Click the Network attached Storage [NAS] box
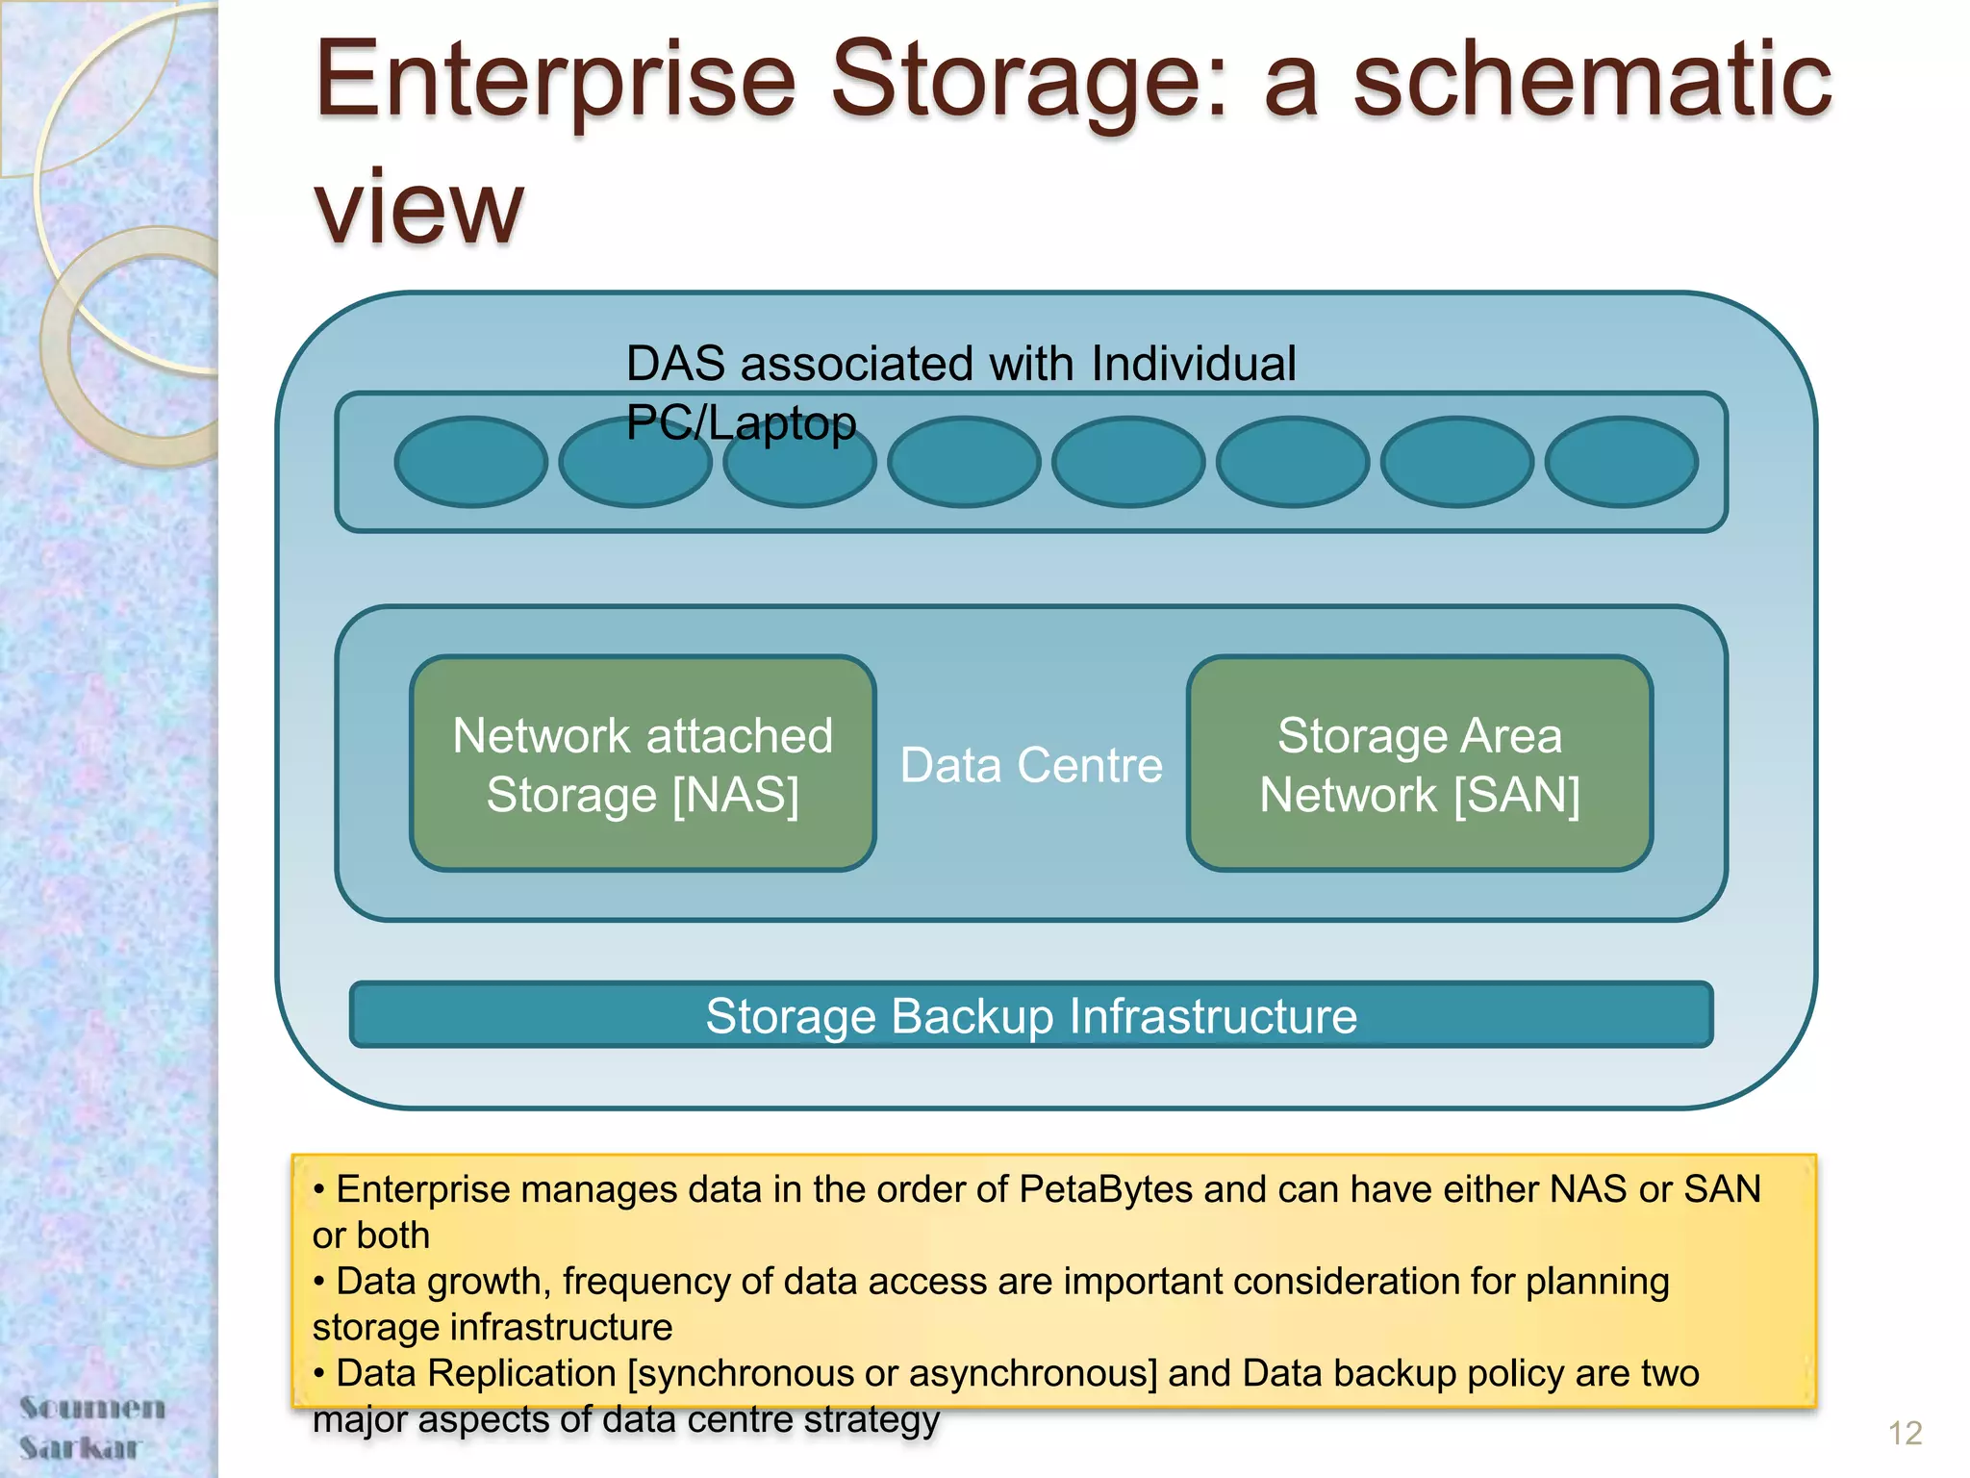[643, 765]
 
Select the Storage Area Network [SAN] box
[1420, 765]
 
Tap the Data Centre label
[1031, 766]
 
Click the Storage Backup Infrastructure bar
[1031, 1016]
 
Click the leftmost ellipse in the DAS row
[470, 462]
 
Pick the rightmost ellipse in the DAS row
[1621, 462]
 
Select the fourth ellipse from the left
[964, 462]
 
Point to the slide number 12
[1905, 1434]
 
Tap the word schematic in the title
[1592, 82]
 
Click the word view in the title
[419, 207]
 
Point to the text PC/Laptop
[741, 423]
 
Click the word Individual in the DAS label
[1194, 365]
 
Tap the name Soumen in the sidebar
[92, 1408]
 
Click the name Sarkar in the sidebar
[81, 1447]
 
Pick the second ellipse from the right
[1456, 462]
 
